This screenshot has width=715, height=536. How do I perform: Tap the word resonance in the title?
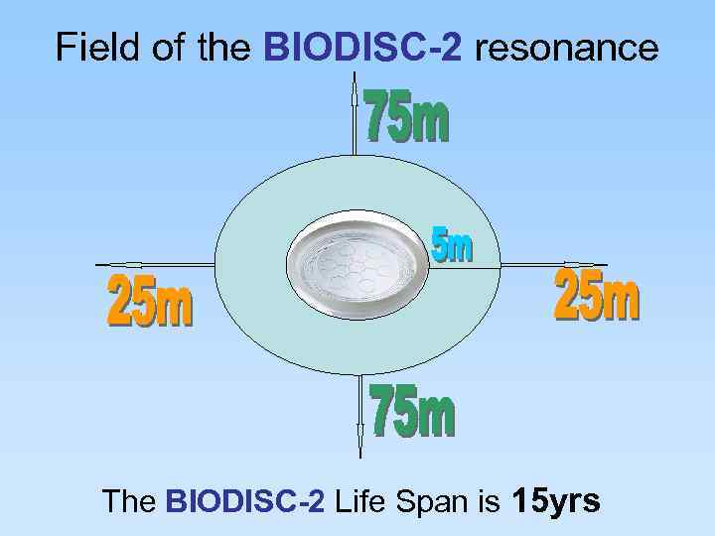(x=567, y=47)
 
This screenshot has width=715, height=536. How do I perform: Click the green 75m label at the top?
(x=407, y=116)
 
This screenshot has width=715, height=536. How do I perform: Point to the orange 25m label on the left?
(x=150, y=304)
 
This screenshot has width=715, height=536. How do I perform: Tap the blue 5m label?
(x=452, y=244)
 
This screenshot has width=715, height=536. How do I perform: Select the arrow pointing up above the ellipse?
(x=356, y=114)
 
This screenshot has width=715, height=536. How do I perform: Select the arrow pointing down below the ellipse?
(x=359, y=417)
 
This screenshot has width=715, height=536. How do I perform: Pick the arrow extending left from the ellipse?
(x=154, y=265)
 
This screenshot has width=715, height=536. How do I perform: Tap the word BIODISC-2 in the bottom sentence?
(x=245, y=502)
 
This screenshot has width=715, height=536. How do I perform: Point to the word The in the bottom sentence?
(x=129, y=502)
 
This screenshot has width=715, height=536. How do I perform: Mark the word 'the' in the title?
(x=224, y=47)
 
